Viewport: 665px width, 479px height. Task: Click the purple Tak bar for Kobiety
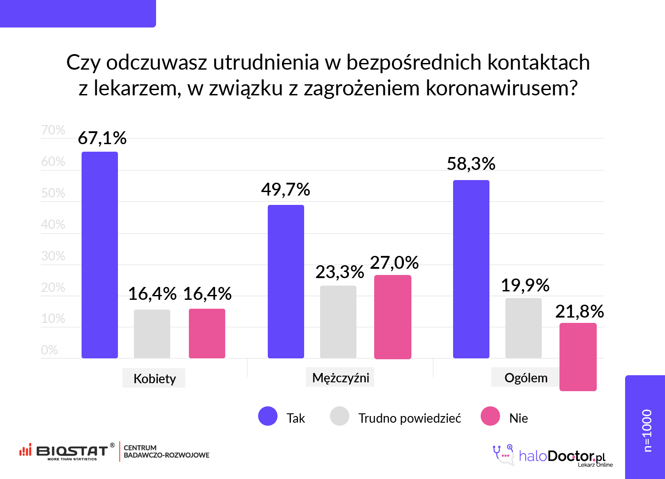click(x=100, y=255)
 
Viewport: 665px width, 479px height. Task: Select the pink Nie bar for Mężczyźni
click(x=393, y=317)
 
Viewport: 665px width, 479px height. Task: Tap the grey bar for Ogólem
click(x=524, y=328)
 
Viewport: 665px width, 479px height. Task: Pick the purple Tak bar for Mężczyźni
click(x=286, y=282)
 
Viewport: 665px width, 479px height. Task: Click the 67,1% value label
click(x=102, y=138)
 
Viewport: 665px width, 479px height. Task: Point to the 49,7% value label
click(x=286, y=190)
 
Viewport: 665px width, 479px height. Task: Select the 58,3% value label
click(x=471, y=164)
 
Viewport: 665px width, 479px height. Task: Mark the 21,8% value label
click(x=579, y=312)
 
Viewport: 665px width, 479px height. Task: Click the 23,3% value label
click(x=340, y=272)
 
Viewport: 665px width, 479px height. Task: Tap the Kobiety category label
click(x=154, y=379)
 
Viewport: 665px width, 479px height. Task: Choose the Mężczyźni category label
click(x=340, y=378)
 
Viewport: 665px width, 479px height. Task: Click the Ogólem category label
click(x=526, y=378)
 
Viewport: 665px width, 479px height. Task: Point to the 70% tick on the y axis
click(x=53, y=130)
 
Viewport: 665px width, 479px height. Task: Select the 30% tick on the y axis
click(x=53, y=256)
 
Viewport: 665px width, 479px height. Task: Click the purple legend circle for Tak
click(x=268, y=416)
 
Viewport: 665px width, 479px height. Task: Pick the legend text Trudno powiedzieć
click(x=410, y=418)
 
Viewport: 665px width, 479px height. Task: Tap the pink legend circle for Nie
click(x=490, y=416)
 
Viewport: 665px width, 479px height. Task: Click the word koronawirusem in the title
click(x=502, y=88)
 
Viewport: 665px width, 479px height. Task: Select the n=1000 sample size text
click(x=647, y=430)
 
